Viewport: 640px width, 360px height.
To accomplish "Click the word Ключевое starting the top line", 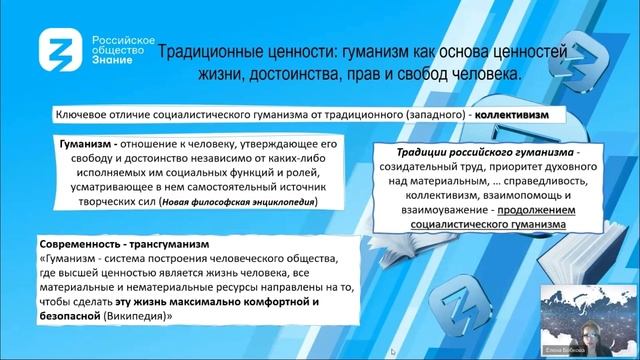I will [85, 115].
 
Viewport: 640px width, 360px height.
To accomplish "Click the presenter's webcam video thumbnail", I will [586, 316].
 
